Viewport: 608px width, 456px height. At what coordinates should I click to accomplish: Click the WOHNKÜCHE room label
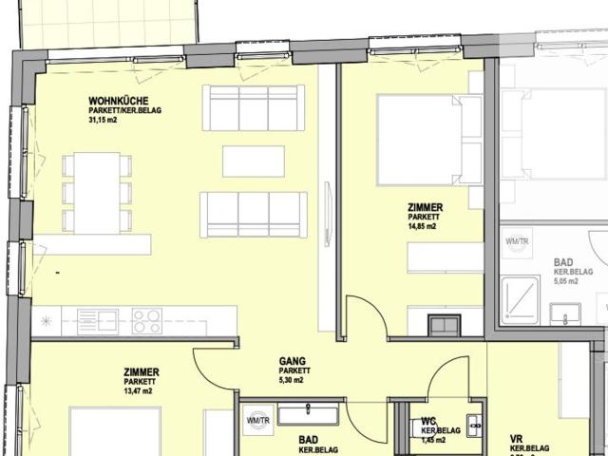(x=116, y=101)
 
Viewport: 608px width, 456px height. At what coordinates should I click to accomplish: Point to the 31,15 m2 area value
(x=104, y=121)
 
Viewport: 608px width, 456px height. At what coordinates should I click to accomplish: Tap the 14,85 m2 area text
(x=422, y=226)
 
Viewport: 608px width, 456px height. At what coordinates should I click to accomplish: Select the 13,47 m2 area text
(x=139, y=390)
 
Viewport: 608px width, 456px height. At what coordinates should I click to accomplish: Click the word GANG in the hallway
(x=292, y=361)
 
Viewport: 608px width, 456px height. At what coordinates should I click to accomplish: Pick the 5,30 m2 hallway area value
(x=292, y=380)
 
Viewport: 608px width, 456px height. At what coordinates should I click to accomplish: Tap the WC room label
(x=428, y=421)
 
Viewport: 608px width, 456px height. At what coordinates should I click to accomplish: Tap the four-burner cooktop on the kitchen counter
(x=147, y=321)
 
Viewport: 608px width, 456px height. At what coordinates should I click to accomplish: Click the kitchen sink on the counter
(x=97, y=321)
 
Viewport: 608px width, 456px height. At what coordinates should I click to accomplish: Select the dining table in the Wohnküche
(x=97, y=193)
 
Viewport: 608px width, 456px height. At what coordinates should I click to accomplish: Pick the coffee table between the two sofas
(x=253, y=161)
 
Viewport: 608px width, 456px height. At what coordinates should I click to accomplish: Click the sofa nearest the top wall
(x=253, y=107)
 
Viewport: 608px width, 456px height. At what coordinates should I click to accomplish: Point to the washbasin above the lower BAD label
(x=308, y=415)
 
